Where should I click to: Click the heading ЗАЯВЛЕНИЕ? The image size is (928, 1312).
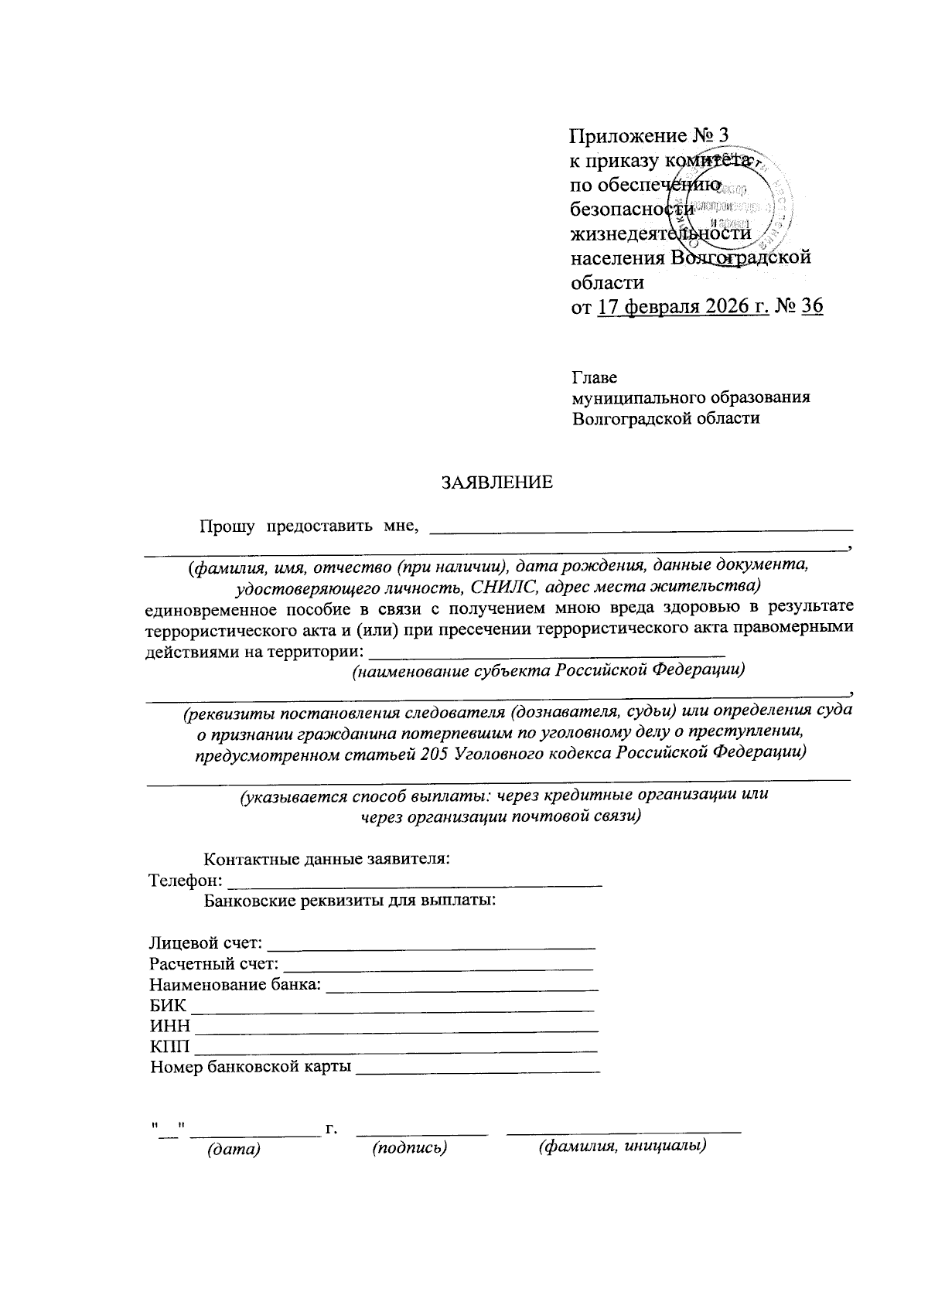pyautogui.click(x=496, y=483)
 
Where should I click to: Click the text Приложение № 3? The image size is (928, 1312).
pyautogui.click(x=649, y=137)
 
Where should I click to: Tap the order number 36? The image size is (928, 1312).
pyautogui.click(x=812, y=307)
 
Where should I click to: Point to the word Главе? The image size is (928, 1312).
pyautogui.click(x=595, y=378)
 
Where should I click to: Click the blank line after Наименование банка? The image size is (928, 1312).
pyautogui.click(x=462, y=987)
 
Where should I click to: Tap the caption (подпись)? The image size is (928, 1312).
pyautogui.click(x=410, y=1149)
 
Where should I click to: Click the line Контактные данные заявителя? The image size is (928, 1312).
pyautogui.click(x=326, y=859)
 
